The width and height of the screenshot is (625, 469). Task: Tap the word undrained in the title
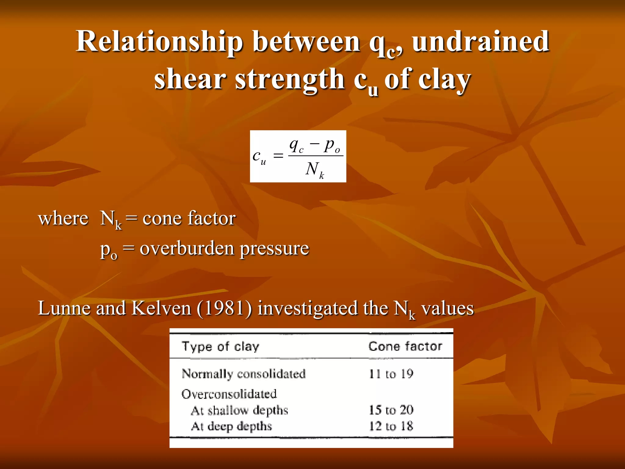click(x=481, y=42)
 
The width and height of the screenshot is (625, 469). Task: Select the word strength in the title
click(x=290, y=79)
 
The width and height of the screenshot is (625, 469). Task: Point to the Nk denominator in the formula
click(x=314, y=169)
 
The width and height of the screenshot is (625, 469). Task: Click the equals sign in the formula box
click(x=278, y=156)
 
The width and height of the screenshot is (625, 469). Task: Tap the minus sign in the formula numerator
click(x=314, y=143)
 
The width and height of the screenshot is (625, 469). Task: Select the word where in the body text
click(x=63, y=219)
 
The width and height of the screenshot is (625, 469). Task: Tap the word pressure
click(x=274, y=249)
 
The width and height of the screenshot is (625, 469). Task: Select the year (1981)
click(x=225, y=308)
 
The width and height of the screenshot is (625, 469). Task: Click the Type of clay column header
click(x=220, y=347)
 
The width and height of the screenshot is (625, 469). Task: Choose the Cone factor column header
click(x=405, y=346)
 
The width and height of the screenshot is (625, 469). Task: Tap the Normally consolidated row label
click(x=244, y=374)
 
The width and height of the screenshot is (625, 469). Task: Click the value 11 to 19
click(x=391, y=374)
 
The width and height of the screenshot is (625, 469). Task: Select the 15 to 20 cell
click(x=391, y=410)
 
